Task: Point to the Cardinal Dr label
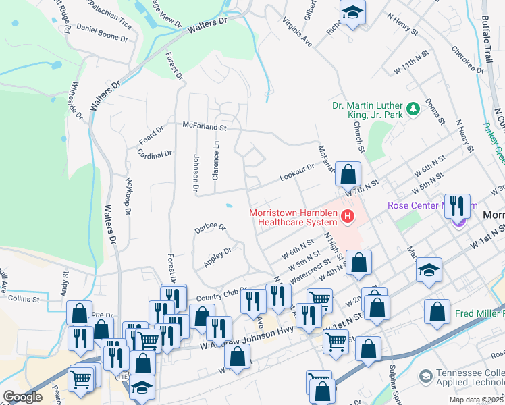coord(155,155)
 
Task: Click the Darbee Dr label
coord(211,227)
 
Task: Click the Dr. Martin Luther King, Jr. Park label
coord(367,111)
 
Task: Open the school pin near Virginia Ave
coord(352,13)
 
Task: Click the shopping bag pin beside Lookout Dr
coord(348,175)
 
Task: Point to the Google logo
coord(22,397)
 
